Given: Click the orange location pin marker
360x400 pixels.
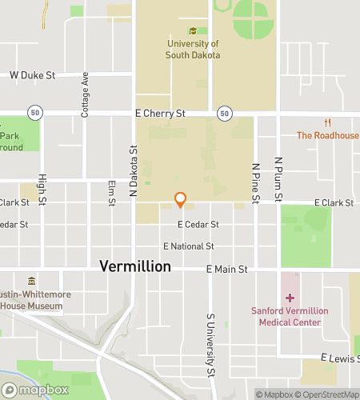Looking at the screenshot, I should (181, 200).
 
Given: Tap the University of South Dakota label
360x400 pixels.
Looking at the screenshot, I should (193, 50).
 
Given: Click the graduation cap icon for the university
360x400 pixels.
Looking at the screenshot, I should (193, 31).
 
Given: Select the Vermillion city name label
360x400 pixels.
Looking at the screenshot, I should (135, 266).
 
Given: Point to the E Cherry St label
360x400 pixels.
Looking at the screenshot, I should (160, 114).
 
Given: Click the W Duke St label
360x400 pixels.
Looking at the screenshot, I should (32, 75).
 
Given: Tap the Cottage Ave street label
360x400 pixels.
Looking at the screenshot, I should (85, 95).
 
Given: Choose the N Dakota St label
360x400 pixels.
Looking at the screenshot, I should (134, 171).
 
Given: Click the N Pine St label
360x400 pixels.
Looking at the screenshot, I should (256, 182).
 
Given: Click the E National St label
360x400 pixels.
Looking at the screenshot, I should (189, 246).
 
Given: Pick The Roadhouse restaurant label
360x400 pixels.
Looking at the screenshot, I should (327, 135).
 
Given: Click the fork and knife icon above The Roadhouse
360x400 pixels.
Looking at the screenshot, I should (327, 122).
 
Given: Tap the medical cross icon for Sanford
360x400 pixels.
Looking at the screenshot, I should (289, 298).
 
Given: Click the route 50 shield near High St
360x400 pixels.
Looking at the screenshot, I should (34, 113).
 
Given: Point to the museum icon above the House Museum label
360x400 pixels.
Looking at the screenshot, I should (31, 282).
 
